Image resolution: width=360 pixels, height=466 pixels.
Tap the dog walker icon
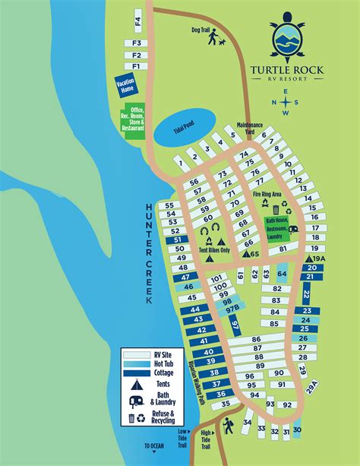tap(214, 36)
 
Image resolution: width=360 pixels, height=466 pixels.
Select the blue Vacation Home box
tap(124, 85)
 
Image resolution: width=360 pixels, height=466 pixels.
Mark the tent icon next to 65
tap(246, 254)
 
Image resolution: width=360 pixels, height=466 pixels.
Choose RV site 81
tap(282, 249)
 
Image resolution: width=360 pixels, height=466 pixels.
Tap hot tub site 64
tap(282, 274)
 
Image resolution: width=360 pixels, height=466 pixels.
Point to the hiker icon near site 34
tap(227, 430)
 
